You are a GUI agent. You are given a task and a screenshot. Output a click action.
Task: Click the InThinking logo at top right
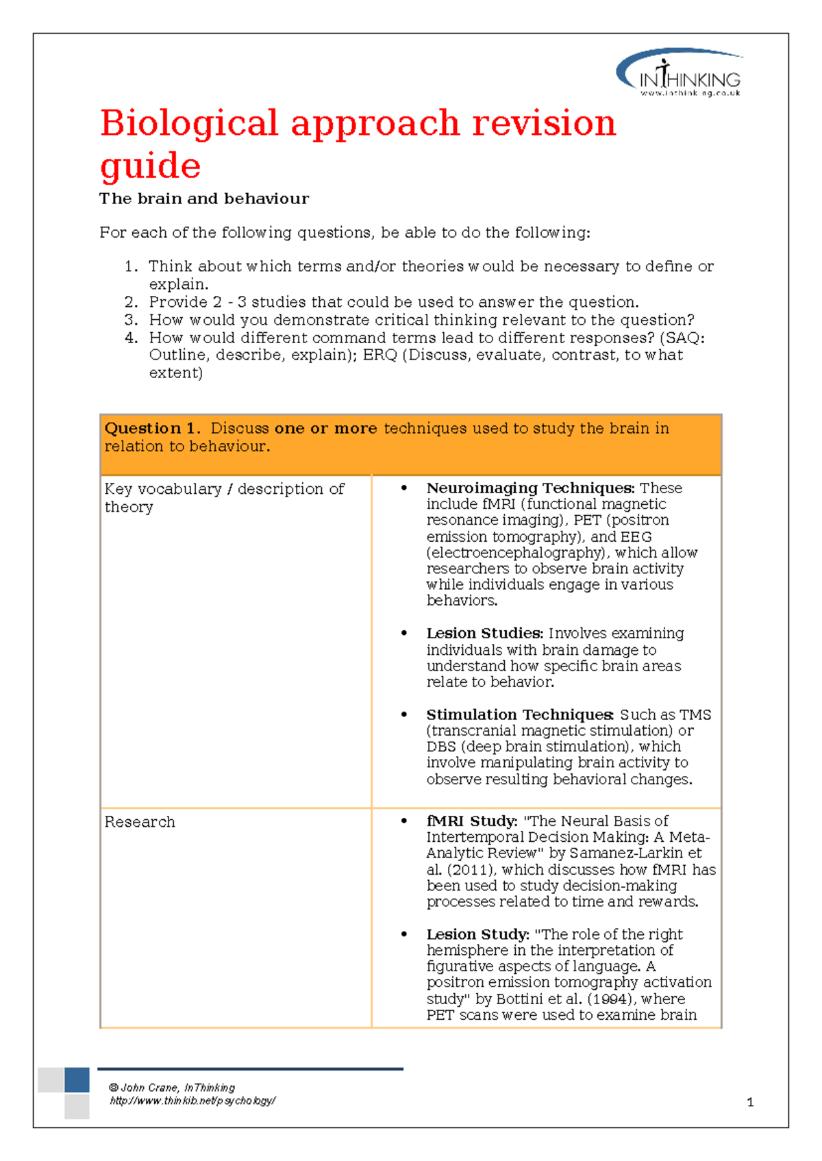click(680, 74)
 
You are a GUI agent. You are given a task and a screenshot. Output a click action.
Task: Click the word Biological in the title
click(188, 124)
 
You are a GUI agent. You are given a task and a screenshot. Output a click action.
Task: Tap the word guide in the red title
click(150, 167)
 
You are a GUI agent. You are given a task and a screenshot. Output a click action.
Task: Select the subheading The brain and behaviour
click(203, 199)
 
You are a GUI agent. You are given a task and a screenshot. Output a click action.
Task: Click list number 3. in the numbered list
click(132, 320)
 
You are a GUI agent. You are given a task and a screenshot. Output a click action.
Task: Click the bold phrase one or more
click(325, 429)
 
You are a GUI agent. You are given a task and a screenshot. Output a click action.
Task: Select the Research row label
click(140, 822)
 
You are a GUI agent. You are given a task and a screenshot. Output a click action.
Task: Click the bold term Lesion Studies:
click(484, 634)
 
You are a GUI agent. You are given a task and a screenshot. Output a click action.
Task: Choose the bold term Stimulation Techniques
click(519, 715)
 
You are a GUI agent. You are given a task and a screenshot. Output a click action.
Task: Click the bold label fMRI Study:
click(471, 821)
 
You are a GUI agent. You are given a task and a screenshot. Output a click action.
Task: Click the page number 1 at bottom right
click(750, 1102)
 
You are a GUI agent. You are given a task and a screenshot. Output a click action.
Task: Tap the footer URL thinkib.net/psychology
click(192, 1101)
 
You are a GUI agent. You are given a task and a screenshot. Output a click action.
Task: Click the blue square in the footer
click(77, 1079)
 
